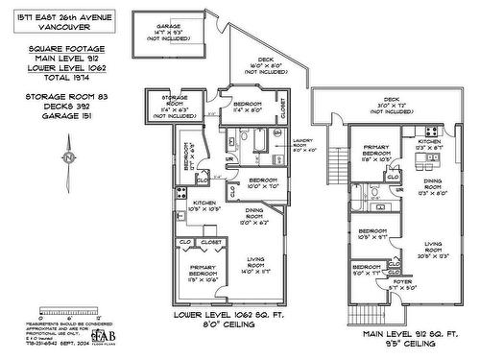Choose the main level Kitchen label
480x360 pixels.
[428, 143]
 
